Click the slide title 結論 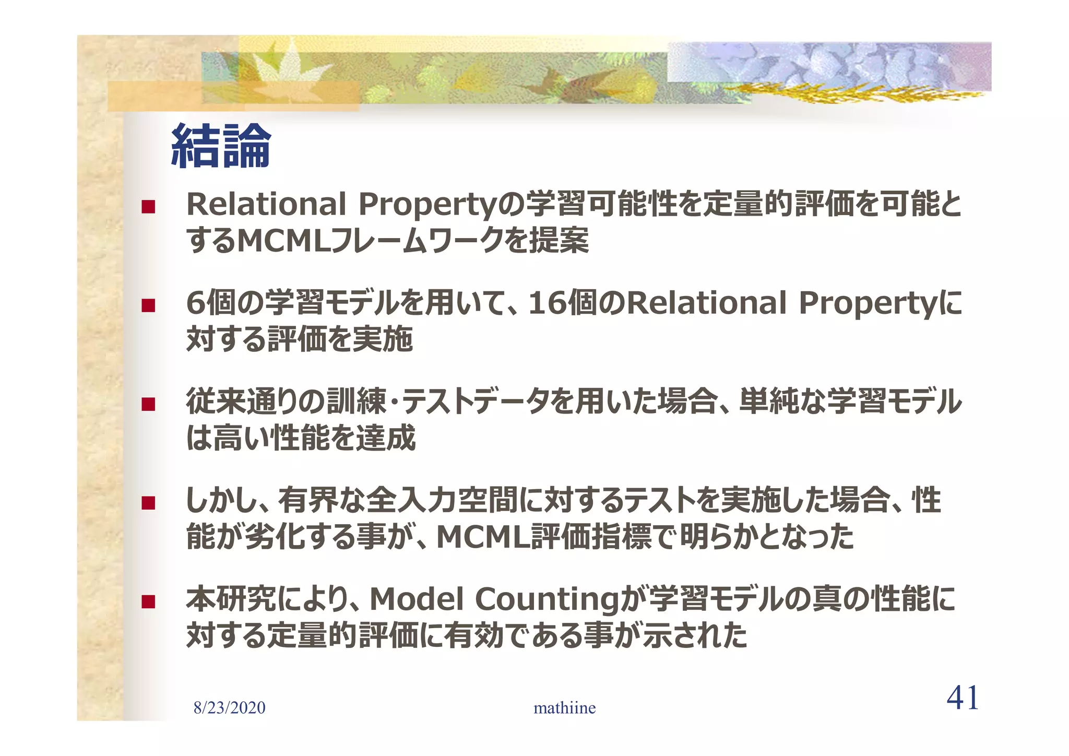221,146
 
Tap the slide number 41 963,698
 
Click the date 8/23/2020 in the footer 229,708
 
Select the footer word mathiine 564,708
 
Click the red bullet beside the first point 148,207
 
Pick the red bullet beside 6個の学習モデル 148,305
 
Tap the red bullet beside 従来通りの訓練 148,404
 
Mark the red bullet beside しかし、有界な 148,503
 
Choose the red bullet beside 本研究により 148,601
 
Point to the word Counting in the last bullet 547,600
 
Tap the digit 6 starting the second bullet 196,303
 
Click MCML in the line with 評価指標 483,537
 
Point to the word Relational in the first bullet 266,204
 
